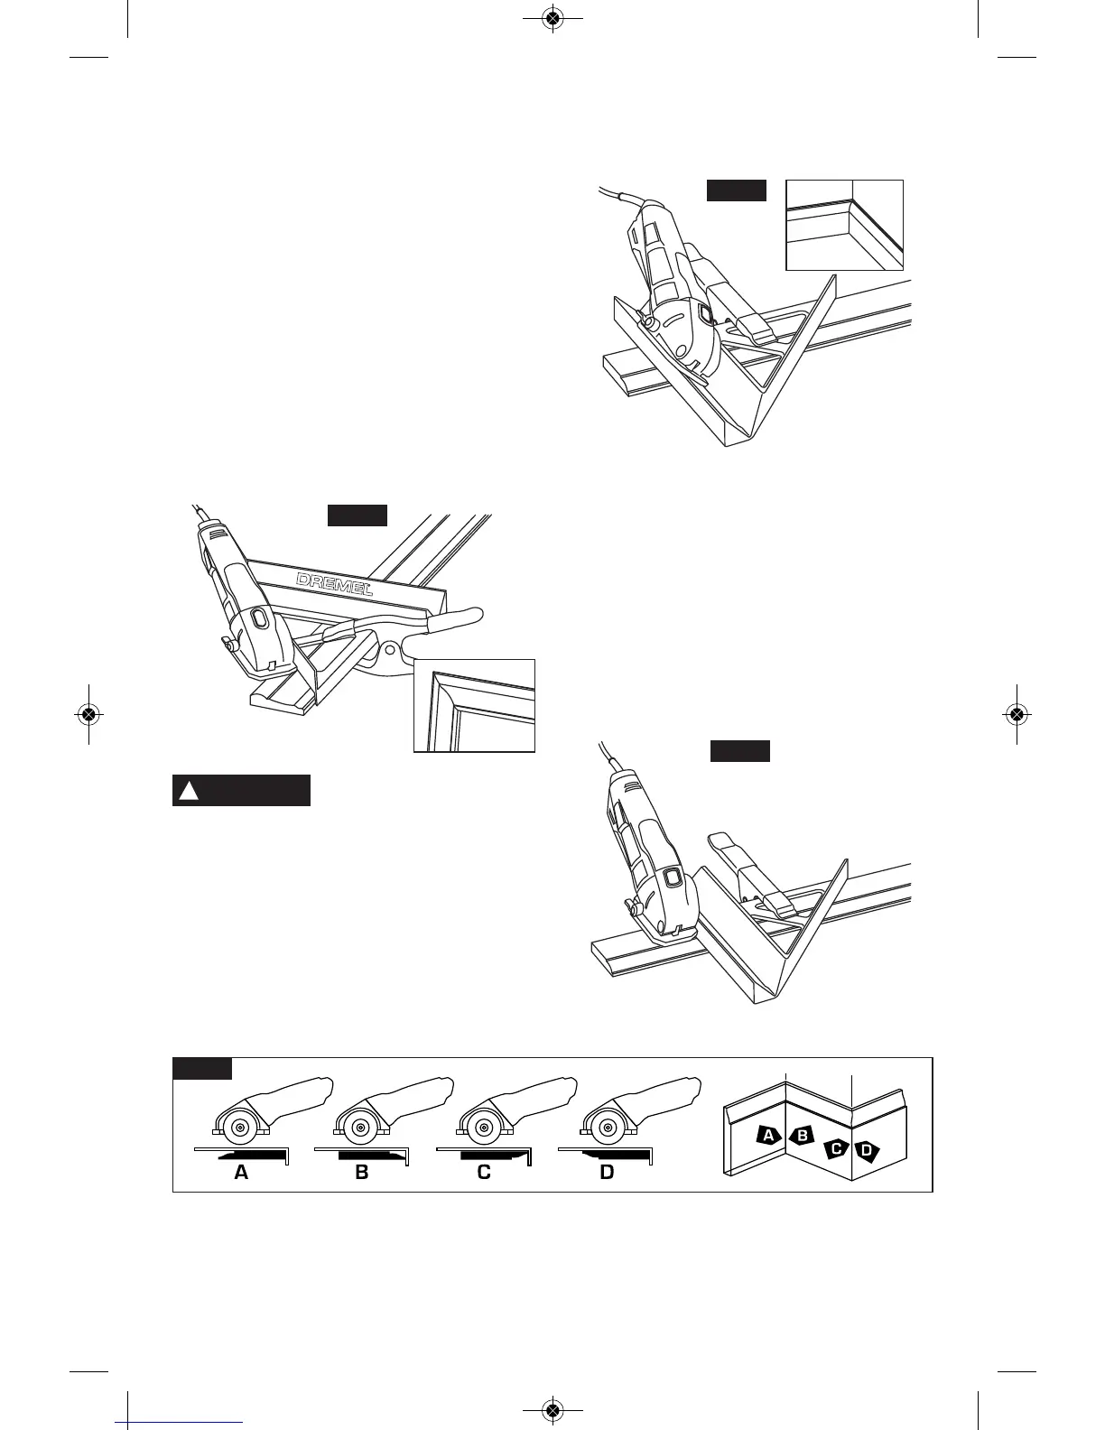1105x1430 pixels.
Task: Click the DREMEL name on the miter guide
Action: click(334, 584)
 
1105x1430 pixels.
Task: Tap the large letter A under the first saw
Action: click(241, 1173)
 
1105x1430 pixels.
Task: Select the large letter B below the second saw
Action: click(362, 1173)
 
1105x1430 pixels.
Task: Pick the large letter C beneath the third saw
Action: click(485, 1173)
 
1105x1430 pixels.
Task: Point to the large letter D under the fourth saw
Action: click(607, 1173)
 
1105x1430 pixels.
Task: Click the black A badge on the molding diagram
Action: click(768, 1135)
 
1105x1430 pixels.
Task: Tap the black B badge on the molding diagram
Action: click(802, 1136)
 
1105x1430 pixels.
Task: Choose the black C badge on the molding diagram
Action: click(837, 1149)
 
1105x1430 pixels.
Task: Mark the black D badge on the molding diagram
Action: click(868, 1150)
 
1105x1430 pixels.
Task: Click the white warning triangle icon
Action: click(189, 791)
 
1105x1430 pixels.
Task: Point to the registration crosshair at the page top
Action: click(553, 17)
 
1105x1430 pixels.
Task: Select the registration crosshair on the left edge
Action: click(88, 713)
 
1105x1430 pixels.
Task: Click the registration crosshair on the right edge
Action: click(1017, 713)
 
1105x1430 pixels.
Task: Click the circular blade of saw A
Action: click(237, 1130)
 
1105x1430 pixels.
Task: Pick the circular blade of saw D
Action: click(604, 1128)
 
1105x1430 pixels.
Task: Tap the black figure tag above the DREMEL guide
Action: click(357, 515)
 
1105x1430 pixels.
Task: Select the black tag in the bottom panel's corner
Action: click(202, 1068)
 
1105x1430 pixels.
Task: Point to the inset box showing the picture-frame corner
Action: click(474, 705)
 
